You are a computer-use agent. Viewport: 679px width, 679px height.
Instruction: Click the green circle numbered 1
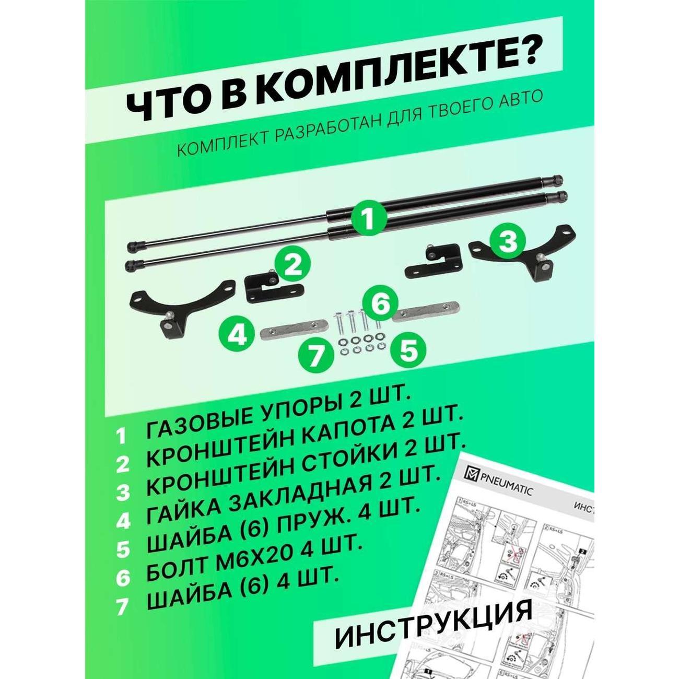point(369,218)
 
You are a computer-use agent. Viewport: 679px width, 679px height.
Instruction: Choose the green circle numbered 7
point(316,358)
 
